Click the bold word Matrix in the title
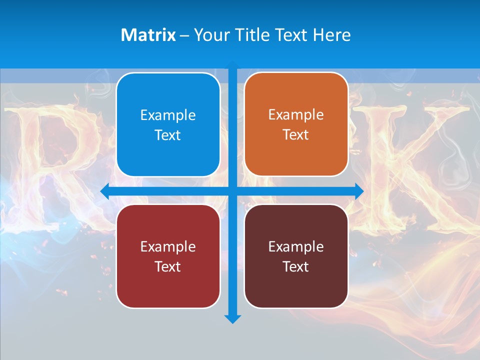coord(148,35)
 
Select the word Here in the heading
coord(331,35)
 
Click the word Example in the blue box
coord(168,115)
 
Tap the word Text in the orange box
coord(296,135)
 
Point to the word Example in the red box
coord(168,246)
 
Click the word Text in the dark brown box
coord(296,266)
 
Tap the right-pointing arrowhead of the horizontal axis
coord(358,191)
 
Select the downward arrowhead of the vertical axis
coord(232,318)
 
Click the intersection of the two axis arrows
coord(232,191)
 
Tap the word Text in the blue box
coord(168,135)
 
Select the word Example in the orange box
coord(296,115)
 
